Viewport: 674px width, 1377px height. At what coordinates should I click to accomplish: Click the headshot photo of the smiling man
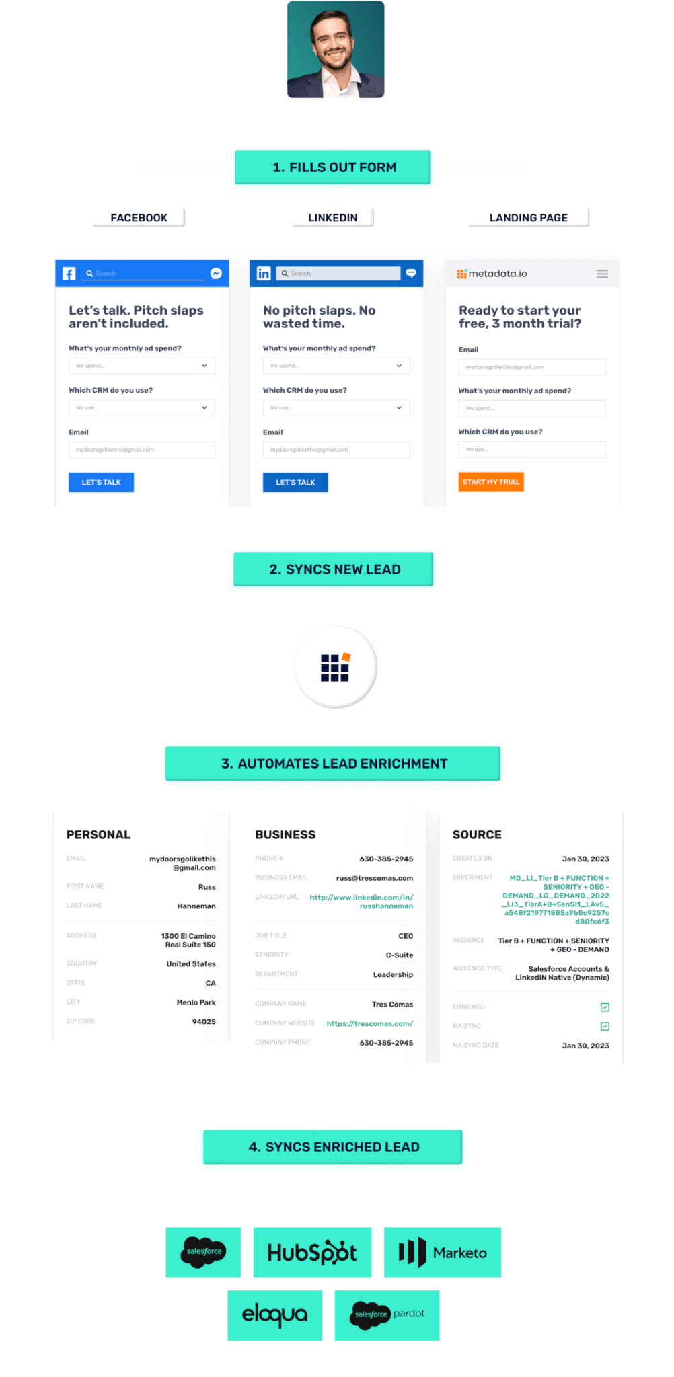(x=336, y=49)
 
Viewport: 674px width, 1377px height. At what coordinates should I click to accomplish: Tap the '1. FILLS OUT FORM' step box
(x=334, y=167)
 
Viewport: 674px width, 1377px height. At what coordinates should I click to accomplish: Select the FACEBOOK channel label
(x=139, y=218)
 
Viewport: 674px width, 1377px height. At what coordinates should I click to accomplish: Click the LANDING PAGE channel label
(x=528, y=218)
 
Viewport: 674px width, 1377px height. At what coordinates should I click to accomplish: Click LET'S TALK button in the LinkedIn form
(x=295, y=482)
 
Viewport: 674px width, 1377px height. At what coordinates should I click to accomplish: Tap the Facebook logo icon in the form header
(x=69, y=273)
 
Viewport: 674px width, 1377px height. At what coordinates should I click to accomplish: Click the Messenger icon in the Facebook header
(x=216, y=273)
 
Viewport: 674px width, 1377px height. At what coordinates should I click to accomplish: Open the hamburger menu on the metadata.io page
(x=602, y=274)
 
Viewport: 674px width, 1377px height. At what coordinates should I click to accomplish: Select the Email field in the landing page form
(x=531, y=367)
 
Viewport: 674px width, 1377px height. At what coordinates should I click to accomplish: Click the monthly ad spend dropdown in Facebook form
(x=141, y=366)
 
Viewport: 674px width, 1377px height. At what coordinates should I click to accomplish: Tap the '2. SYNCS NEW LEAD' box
(x=334, y=569)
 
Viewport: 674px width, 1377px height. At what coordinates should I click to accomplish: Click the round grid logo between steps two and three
(x=336, y=668)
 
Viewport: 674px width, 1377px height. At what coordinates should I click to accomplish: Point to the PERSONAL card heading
(x=99, y=834)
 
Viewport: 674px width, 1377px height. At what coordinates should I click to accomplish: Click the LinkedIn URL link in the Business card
(x=362, y=902)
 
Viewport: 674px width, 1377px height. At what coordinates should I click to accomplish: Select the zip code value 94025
(x=204, y=1021)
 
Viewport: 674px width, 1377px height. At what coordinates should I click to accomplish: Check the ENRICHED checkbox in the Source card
(x=605, y=1007)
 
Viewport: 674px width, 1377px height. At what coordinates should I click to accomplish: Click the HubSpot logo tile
(x=312, y=1252)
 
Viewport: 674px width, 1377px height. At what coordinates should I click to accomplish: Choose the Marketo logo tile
(x=442, y=1252)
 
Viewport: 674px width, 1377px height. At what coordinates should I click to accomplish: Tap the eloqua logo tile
(x=274, y=1314)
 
